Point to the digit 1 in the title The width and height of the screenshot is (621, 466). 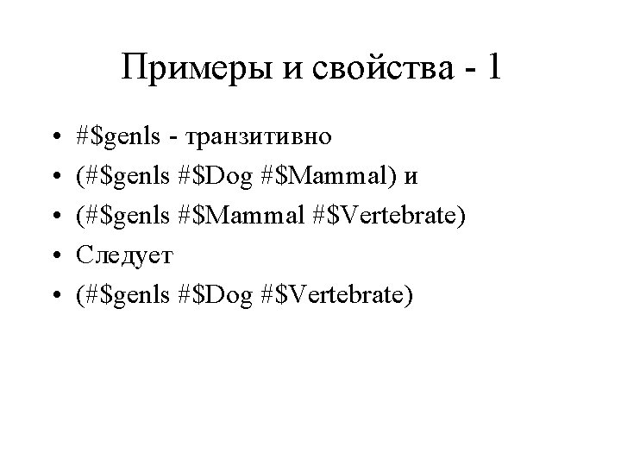coord(492,67)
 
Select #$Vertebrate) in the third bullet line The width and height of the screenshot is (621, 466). coord(393,216)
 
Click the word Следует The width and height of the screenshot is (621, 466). coord(124,255)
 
